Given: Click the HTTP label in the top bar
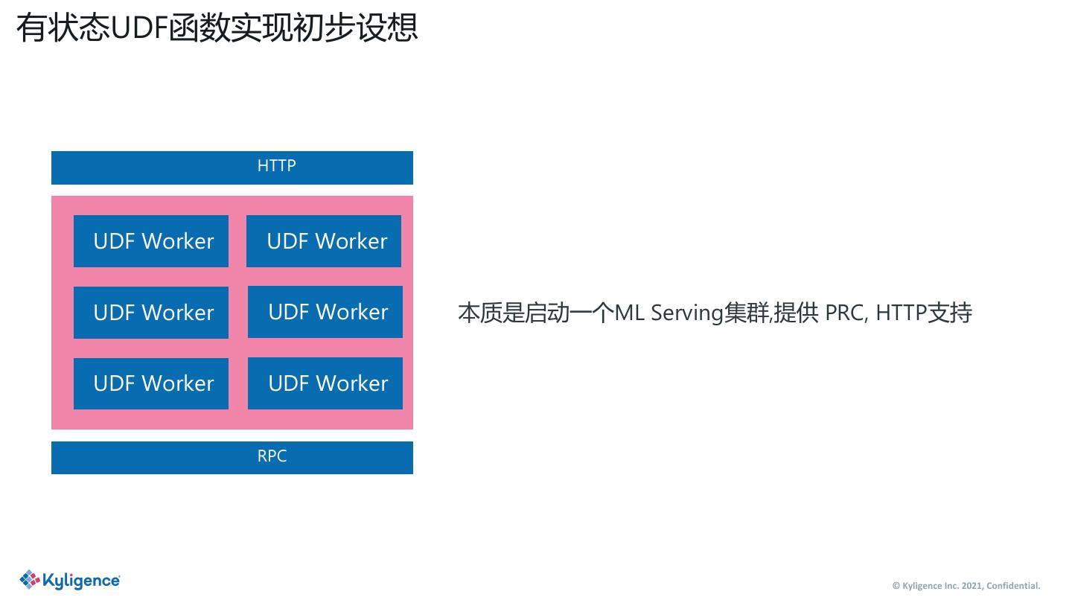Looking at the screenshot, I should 276,166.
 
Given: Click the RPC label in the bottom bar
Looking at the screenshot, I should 272,456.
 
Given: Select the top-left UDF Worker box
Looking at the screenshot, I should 151,241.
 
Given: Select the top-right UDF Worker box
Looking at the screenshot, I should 324,241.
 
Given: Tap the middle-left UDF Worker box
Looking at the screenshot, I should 151,313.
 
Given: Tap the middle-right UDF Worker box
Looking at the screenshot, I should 325,312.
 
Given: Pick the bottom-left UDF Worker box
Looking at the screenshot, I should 151,383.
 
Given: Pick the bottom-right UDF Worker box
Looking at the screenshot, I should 325,383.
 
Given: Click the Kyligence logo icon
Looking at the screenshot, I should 30,579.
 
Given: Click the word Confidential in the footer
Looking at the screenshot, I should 1012,586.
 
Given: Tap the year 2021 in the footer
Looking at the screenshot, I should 971,586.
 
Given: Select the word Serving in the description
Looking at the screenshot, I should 686,313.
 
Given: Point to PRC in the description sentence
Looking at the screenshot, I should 844,313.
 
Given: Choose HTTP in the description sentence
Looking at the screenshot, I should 901,313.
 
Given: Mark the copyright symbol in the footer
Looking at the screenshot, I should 896,586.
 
